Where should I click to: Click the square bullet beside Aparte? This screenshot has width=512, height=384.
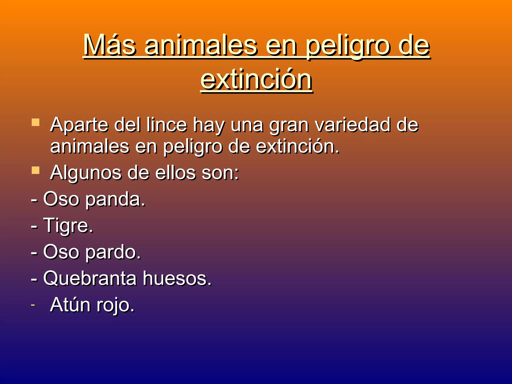coord(35,122)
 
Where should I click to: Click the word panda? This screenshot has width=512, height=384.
coord(115,199)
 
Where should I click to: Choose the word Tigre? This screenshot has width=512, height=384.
coord(68,226)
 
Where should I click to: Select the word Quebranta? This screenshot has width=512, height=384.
coord(90,278)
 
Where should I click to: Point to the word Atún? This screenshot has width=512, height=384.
coord(70,305)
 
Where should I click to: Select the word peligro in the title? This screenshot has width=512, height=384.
coord(348,46)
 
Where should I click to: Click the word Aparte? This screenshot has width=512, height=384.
coord(79,125)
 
